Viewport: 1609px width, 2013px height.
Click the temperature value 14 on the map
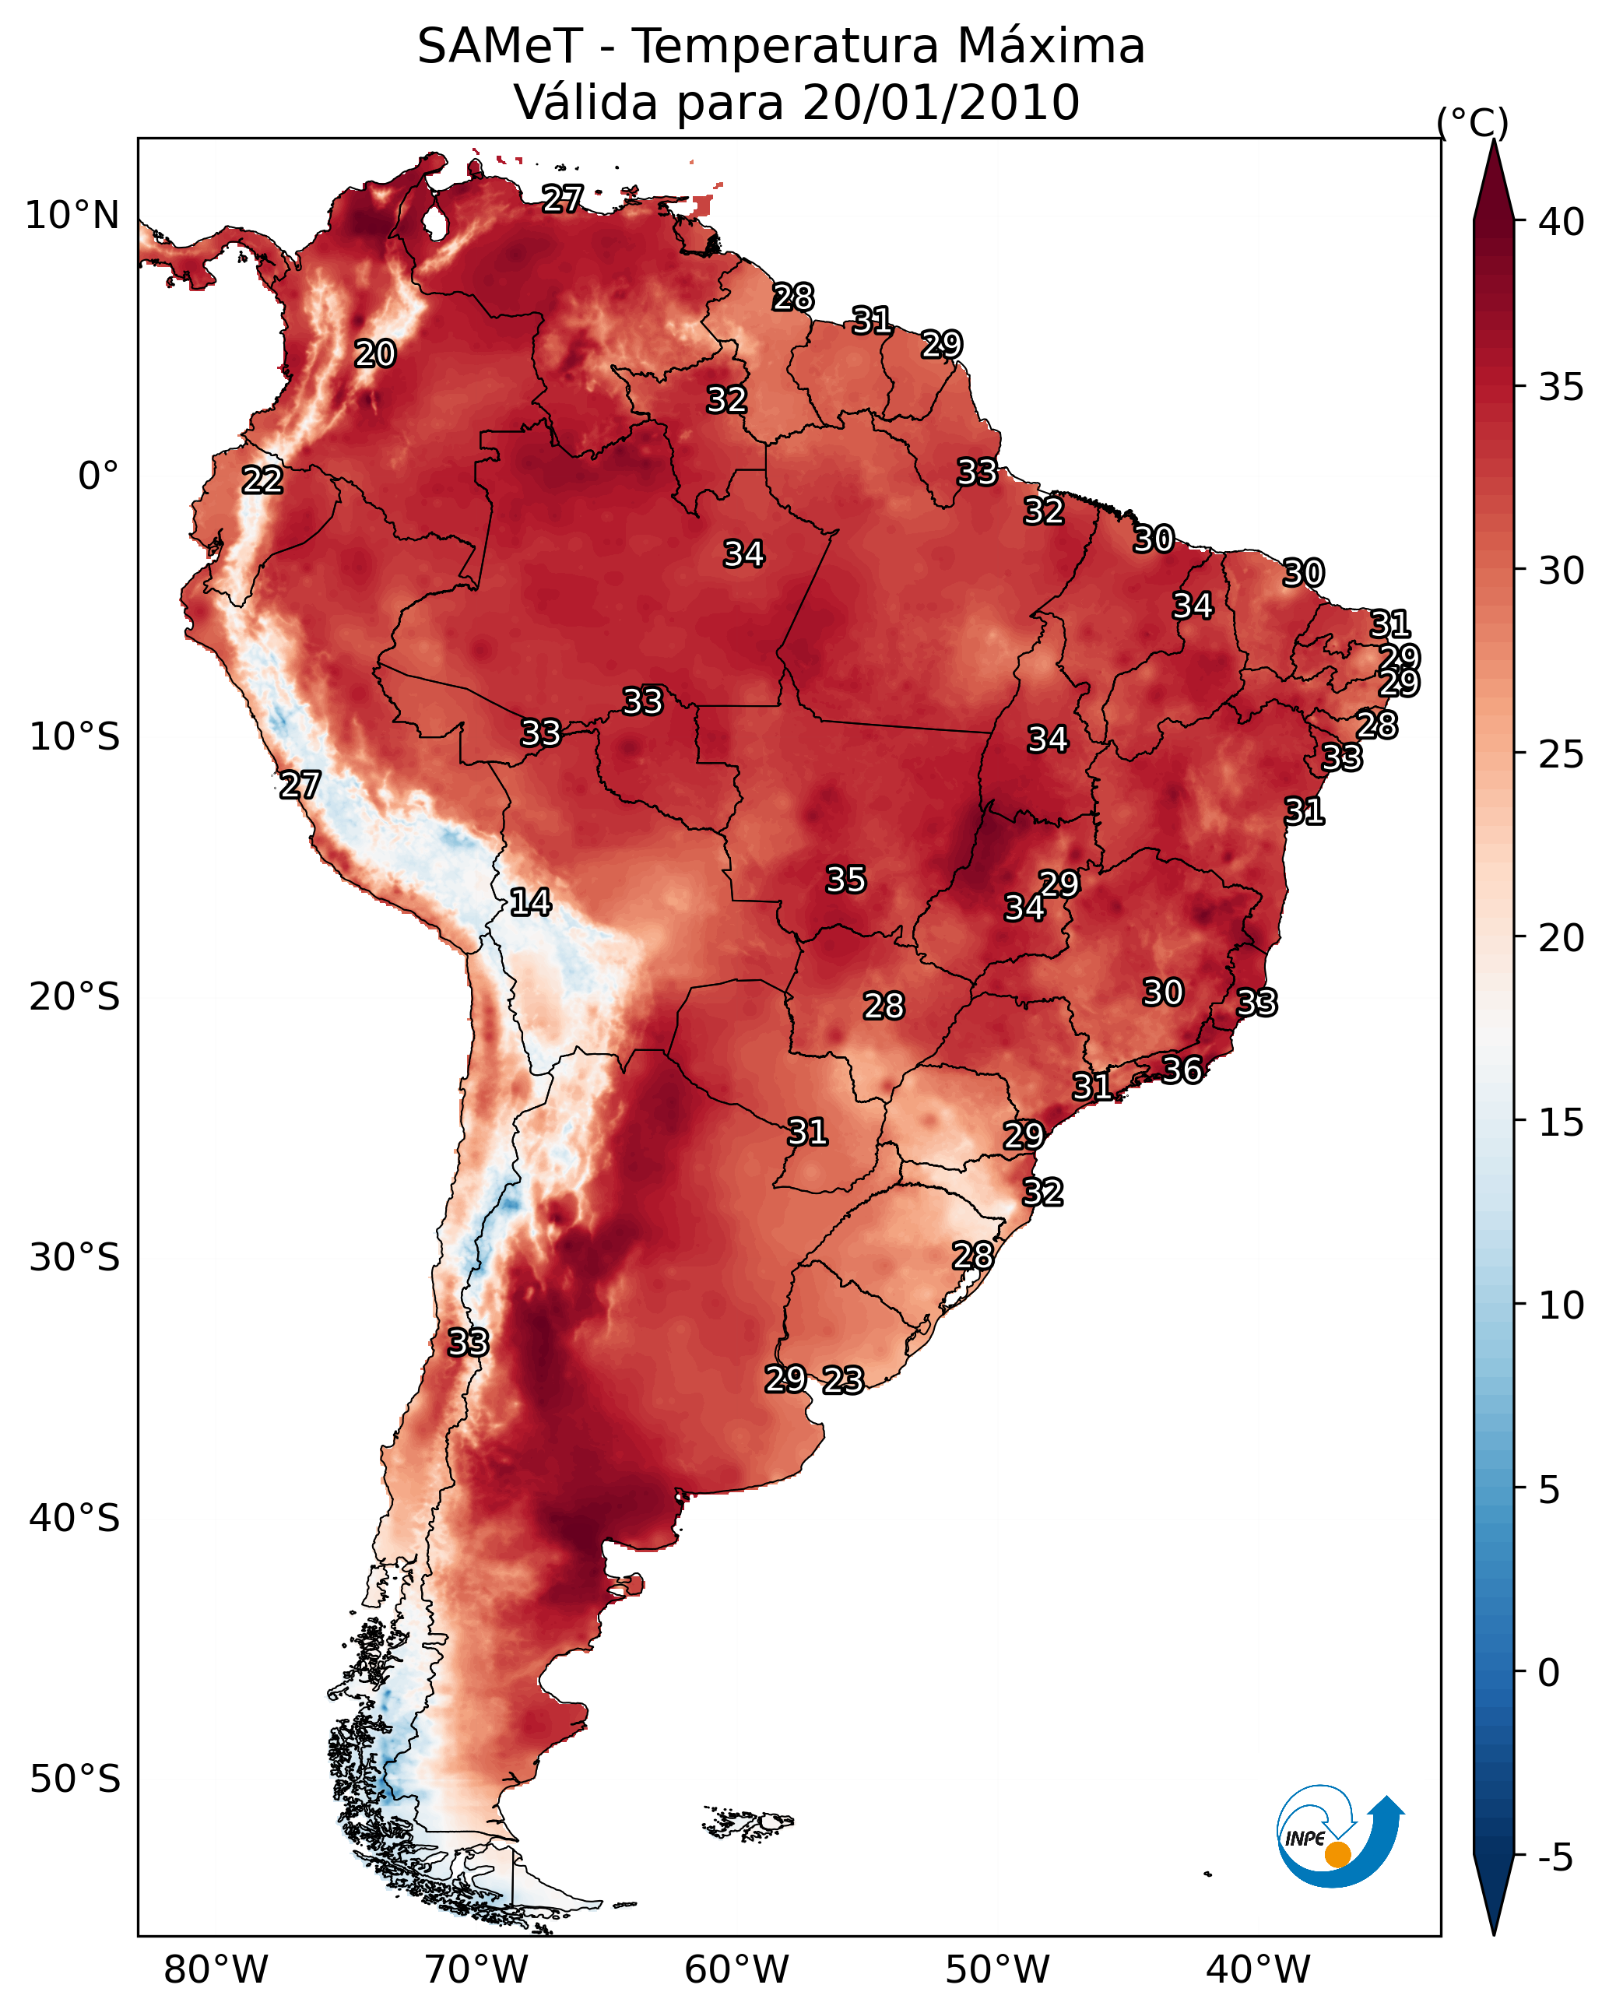tap(530, 902)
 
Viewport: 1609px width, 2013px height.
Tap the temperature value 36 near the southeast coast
tap(1182, 1070)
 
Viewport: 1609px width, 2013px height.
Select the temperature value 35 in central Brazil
tap(846, 880)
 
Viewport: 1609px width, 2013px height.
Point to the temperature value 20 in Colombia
tap(375, 354)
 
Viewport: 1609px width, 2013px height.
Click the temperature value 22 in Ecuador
tap(262, 481)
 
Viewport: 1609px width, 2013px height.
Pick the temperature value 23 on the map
tap(843, 1380)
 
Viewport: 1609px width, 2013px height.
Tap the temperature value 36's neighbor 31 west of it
tap(1091, 1087)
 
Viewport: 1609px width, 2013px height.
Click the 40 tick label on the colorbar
tap(1562, 222)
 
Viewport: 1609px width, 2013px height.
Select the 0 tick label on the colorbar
tap(1549, 1673)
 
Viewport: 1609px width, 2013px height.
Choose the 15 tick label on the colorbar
tap(1562, 1122)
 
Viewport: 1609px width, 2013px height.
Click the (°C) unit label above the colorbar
tap(1473, 122)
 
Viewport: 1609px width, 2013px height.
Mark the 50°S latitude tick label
tap(75, 1779)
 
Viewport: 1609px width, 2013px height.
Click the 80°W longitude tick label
tap(216, 1969)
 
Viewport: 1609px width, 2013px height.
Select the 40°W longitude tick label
tap(1259, 1969)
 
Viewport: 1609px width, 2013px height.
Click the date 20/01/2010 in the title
tap(940, 103)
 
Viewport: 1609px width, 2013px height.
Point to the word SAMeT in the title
tap(500, 47)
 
